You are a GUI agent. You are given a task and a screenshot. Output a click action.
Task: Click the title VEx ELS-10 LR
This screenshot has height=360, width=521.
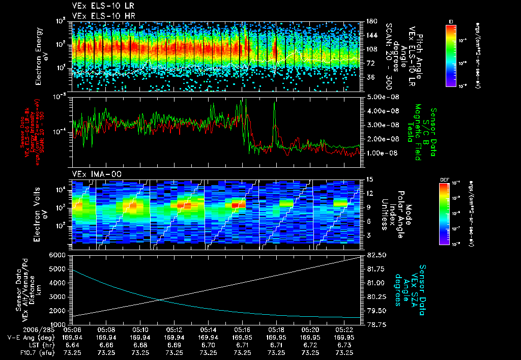click(x=99, y=6)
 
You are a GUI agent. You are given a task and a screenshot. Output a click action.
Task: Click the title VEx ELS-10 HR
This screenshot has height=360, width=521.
click(x=99, y=16)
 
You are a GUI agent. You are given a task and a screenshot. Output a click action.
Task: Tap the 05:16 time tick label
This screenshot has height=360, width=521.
click(x=242, y=329)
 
